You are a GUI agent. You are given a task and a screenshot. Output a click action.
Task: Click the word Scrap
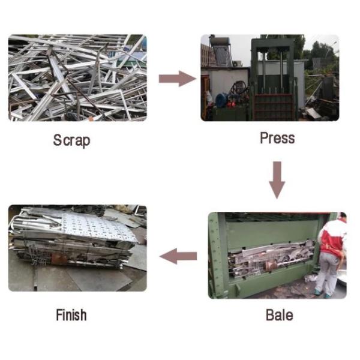point(71,140)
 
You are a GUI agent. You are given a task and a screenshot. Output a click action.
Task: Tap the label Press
point(277,138)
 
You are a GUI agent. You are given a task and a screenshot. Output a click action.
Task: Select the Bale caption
point(279,314)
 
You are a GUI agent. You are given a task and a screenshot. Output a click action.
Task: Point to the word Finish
point(71,314)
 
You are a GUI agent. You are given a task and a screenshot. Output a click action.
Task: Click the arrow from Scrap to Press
point(178,78)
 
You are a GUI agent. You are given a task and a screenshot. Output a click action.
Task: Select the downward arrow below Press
point(277,179)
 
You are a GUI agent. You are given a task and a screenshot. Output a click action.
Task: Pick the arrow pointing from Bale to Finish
point(178,257)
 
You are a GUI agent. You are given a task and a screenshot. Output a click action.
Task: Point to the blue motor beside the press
point(221,99)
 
